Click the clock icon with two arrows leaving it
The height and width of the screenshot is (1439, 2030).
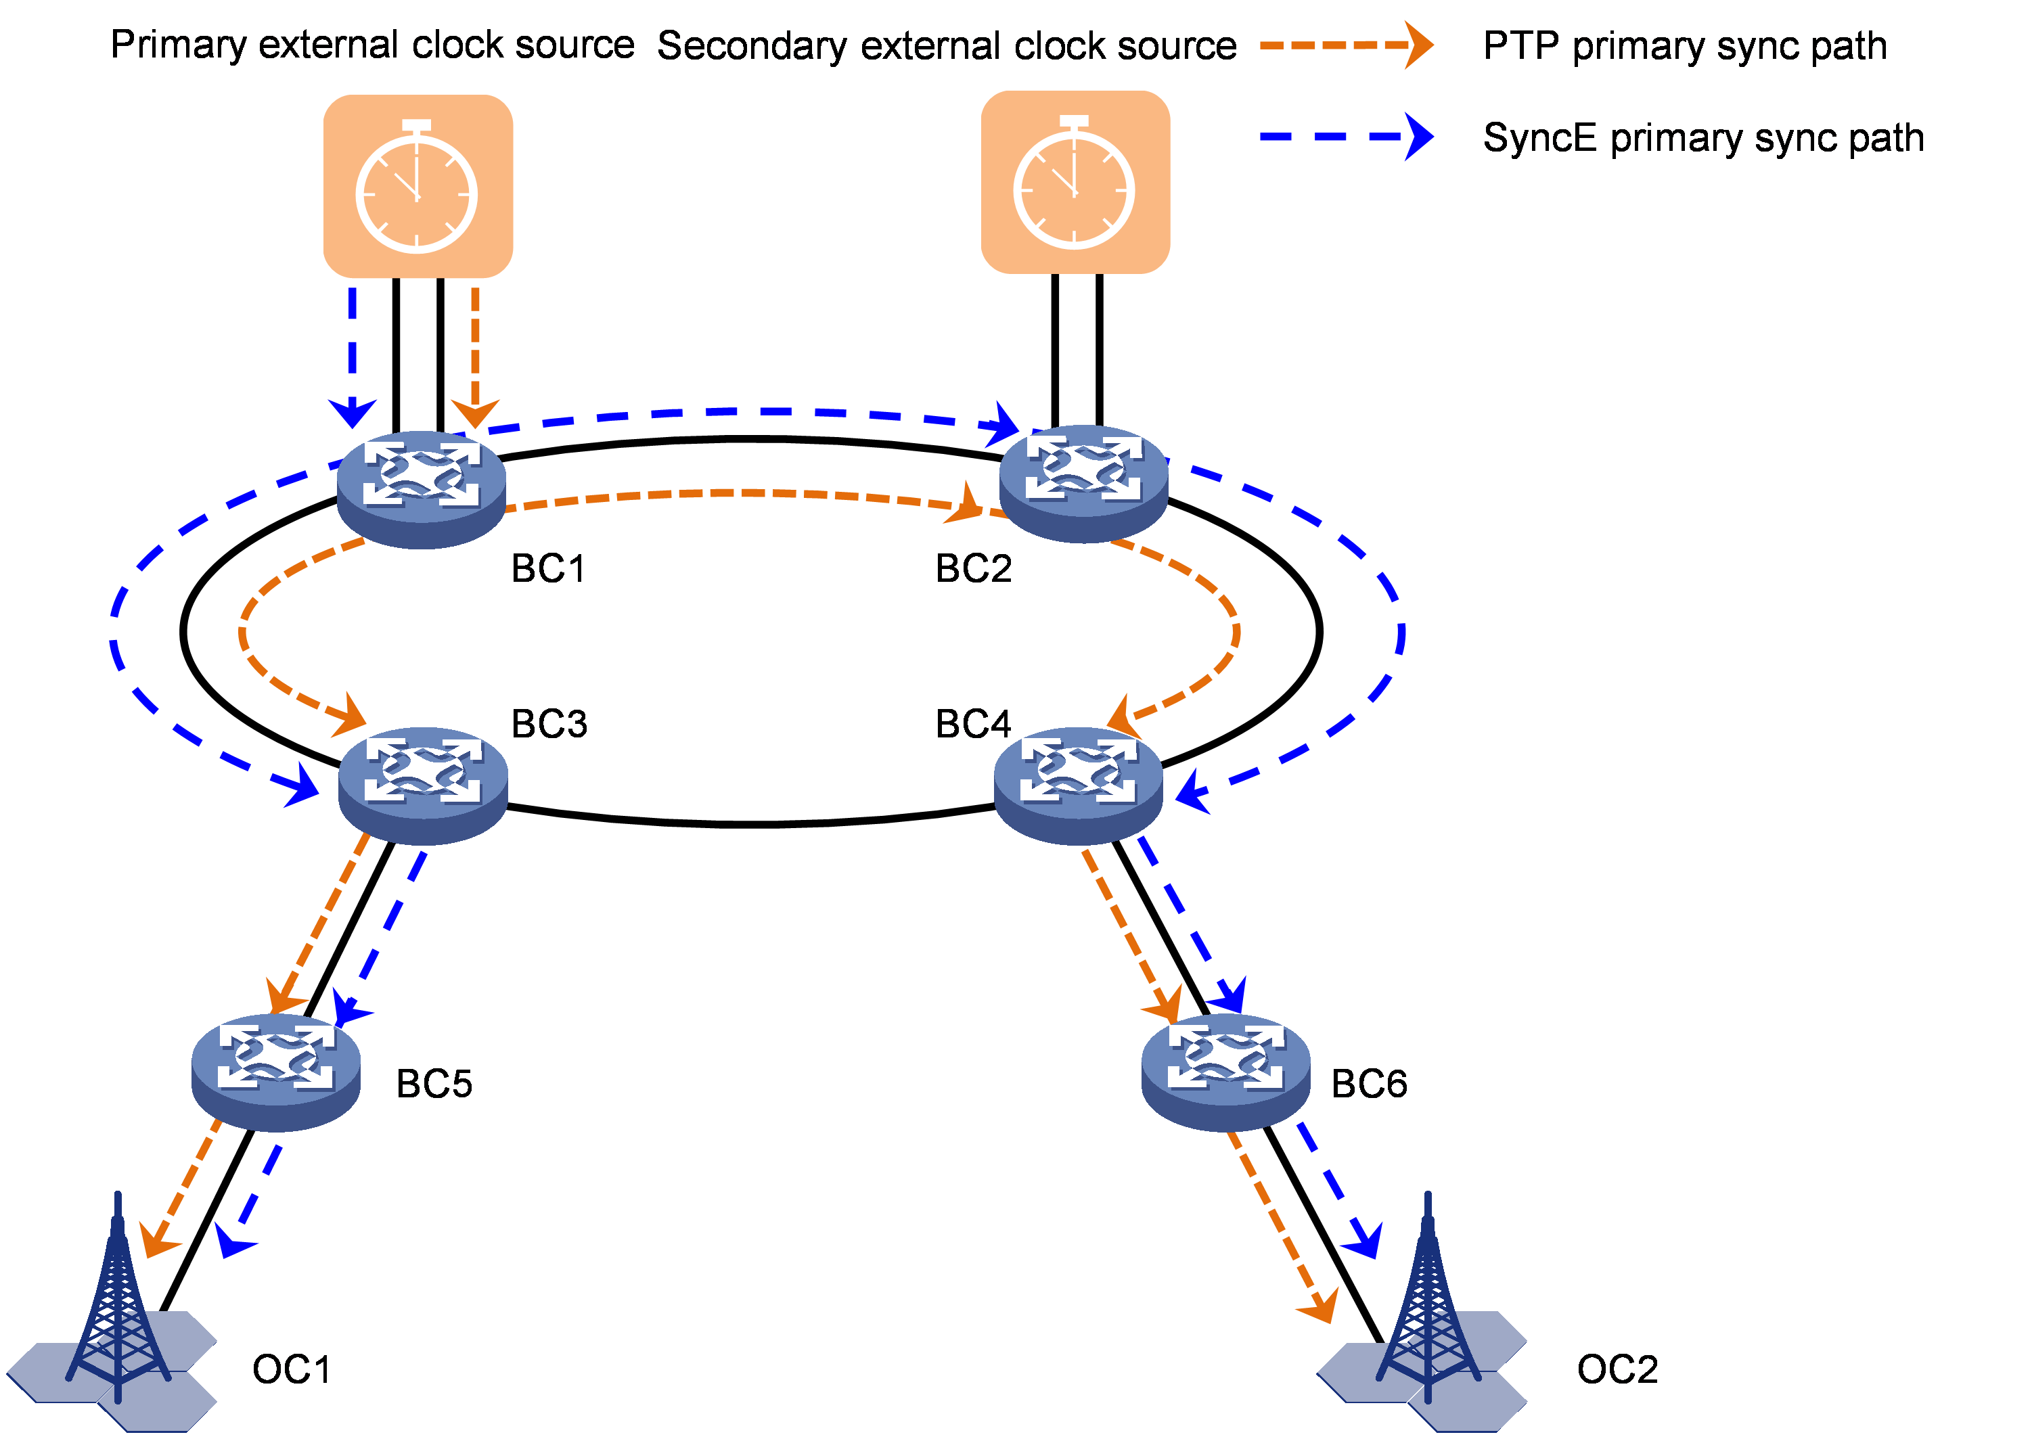(x=418, y=186)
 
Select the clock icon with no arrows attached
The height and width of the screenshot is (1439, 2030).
(x=1075, y=183)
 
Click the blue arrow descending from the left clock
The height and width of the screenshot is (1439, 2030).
(x=353, y=355)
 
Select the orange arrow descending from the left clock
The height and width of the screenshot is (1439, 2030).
(x=476, y=355)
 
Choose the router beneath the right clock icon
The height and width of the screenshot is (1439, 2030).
(x=1083, y=483)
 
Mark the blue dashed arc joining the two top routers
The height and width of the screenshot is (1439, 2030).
(x=736, y=412)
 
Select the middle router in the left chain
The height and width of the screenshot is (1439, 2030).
(x=423, y=784)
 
